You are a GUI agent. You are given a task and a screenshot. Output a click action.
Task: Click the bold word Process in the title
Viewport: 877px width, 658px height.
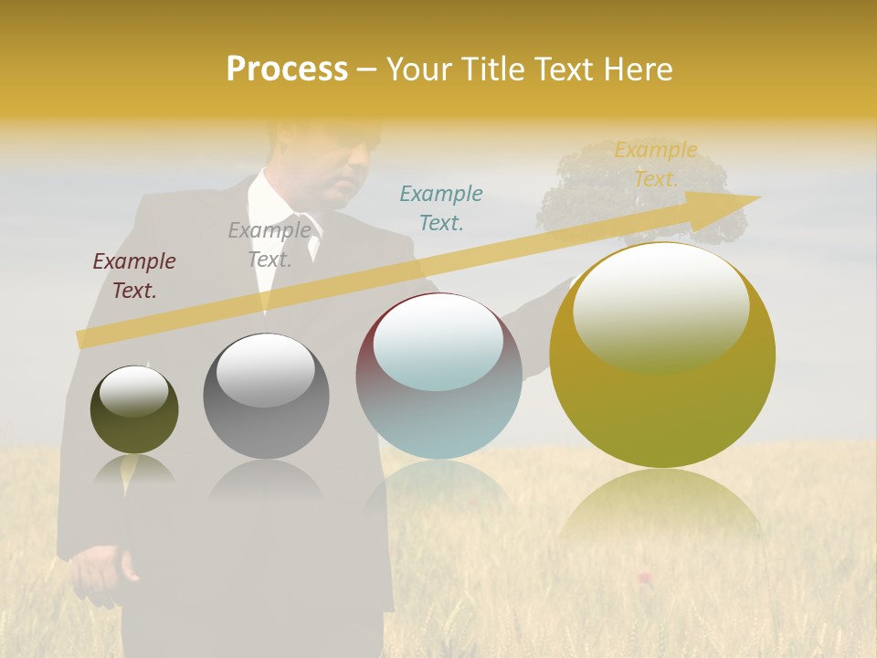pyautogui.click(x=287, y=69)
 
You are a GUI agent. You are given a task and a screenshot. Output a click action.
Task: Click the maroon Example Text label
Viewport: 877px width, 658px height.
pyautogui.click(x=134, y=276)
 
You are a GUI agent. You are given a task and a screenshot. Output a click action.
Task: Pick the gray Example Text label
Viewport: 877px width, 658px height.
pyautogui.click(x=269, y=245)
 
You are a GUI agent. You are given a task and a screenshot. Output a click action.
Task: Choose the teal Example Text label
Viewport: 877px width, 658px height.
pyautogui.click(x=441, y=207)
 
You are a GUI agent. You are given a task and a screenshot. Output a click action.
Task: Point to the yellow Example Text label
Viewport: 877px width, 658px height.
pyautogui.click(x=656, y=164)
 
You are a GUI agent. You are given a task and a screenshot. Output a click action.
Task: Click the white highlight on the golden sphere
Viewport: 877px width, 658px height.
pyautogui.click(x=660, y=306)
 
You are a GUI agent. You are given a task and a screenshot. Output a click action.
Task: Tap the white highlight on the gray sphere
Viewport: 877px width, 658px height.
pyautogui.click(x=266, y=367)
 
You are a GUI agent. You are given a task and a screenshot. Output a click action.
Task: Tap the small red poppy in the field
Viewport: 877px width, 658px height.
pyautogui.click(x=644, y=577)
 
